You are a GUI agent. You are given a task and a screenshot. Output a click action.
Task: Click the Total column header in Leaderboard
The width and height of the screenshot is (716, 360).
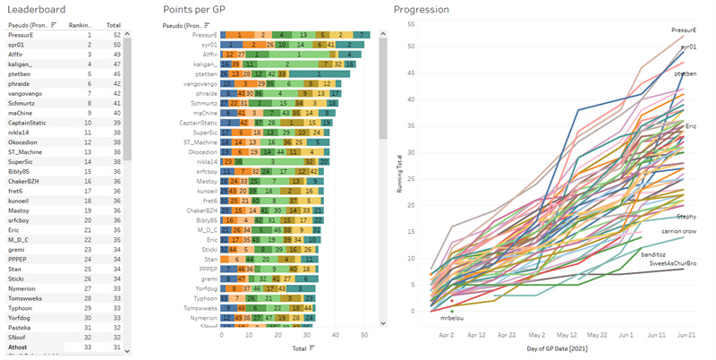(114, 25)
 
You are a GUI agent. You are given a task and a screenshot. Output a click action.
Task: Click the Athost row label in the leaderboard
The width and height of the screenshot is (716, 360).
(19, 347)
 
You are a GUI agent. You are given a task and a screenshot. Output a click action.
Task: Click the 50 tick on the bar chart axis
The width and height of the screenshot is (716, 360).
(365, 335)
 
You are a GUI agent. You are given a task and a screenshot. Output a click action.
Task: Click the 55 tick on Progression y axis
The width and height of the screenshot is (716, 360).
(411, 22)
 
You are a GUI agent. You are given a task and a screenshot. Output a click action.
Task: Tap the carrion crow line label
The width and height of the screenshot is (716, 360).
(678, 231)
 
